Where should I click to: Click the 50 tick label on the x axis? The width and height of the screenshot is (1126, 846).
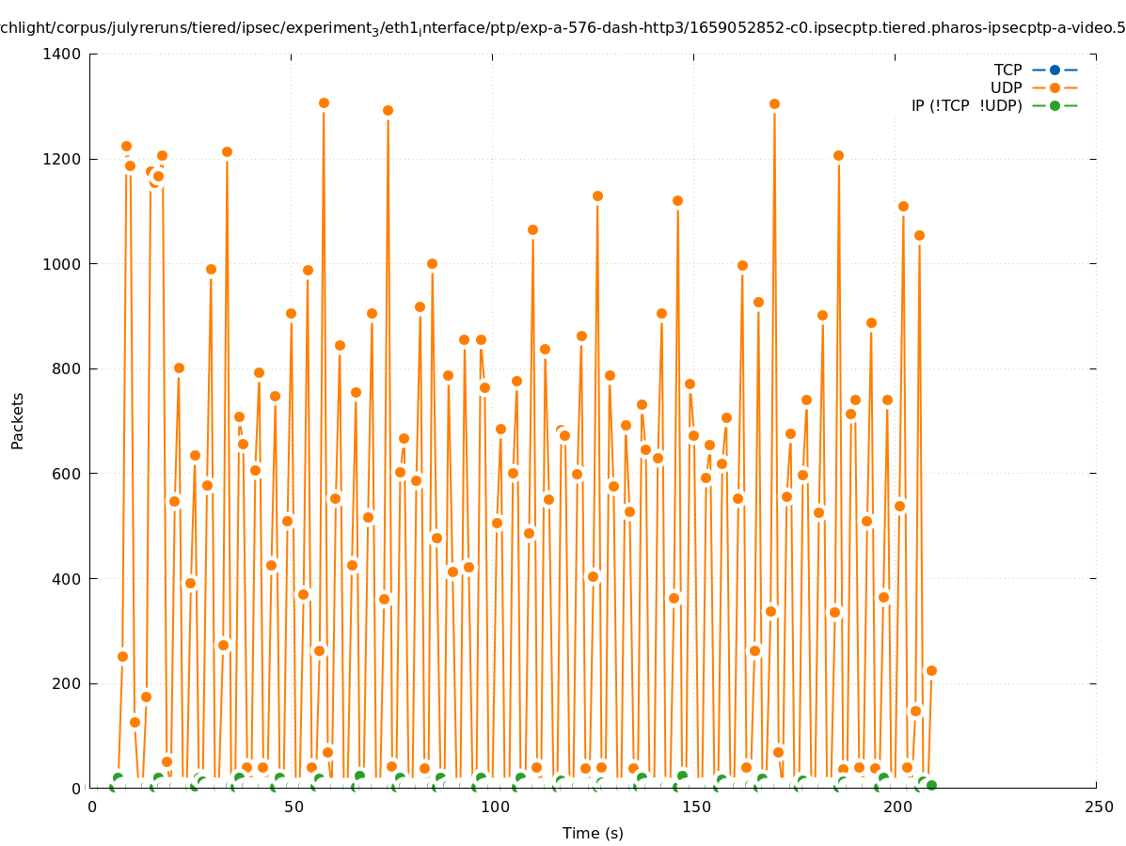point(293,807)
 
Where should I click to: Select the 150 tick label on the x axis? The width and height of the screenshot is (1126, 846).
point(695,807)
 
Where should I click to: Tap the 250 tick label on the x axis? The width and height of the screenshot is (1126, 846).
point(1098,807)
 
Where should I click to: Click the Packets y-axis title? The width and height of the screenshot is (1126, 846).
point(18,420)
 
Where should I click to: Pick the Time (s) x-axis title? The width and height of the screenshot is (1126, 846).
point(593,834)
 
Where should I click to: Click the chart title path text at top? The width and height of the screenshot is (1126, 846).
point(563,28)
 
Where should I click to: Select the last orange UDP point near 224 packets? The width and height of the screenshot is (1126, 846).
point(931,670)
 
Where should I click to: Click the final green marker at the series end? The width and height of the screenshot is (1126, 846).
point(931,785)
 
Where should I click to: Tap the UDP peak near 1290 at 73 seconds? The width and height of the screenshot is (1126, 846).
point(388,110)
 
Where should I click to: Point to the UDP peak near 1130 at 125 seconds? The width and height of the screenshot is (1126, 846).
point(597,196)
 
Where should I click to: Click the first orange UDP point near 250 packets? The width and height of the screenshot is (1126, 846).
point(122,656)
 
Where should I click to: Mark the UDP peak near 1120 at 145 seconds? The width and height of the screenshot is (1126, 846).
point(677,200)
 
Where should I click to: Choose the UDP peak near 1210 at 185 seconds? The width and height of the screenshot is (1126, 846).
point(838,155)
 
